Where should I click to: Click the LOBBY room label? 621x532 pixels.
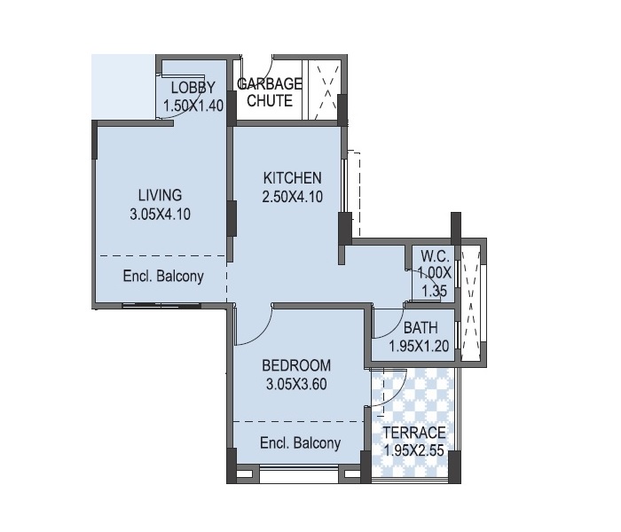click(193, 88)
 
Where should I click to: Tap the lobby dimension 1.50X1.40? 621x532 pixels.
click(193, 106)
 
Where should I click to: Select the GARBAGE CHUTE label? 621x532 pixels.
click(270, 92)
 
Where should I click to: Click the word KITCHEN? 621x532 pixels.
click(292, 178)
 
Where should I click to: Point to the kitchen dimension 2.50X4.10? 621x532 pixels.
click(292, 197)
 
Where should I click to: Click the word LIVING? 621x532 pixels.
click(160, 196)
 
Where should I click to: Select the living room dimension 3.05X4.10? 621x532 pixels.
click(160, 215)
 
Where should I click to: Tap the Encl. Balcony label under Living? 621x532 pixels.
click(163, 276)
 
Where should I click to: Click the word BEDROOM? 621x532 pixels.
click(296, 365)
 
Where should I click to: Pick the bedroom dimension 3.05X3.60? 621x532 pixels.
click(296, 384)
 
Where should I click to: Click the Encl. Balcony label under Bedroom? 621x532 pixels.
click(300, 443)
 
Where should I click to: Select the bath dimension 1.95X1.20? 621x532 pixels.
click(419, 347)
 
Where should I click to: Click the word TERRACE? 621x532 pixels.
click(414, 433)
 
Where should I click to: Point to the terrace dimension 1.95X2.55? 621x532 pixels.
click(414, 451)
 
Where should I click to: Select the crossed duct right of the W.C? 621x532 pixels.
click(470, 303)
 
